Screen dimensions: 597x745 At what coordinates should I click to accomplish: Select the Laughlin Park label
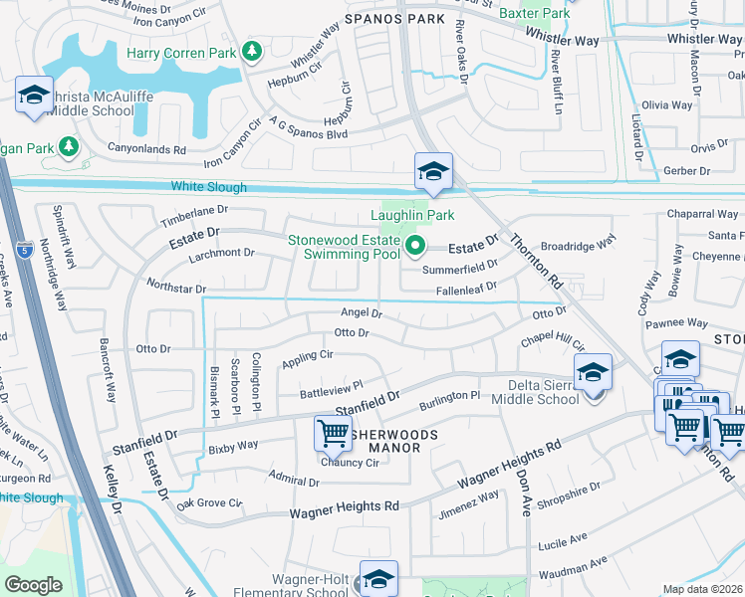pos(412,215)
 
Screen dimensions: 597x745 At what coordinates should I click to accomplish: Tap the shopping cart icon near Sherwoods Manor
pos(333,433)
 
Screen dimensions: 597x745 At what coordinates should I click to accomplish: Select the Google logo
pos(33,584)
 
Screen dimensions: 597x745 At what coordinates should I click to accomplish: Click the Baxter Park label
pos(534,13)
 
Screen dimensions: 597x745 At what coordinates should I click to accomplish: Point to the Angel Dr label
pos(362,313)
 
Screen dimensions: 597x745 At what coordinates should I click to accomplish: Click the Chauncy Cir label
pos(347,462)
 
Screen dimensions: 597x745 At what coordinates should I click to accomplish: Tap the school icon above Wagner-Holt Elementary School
pos(378,578)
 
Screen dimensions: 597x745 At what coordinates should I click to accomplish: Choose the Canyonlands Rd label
pos(152,150)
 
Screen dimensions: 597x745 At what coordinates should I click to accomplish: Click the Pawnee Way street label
pos(676,323)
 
